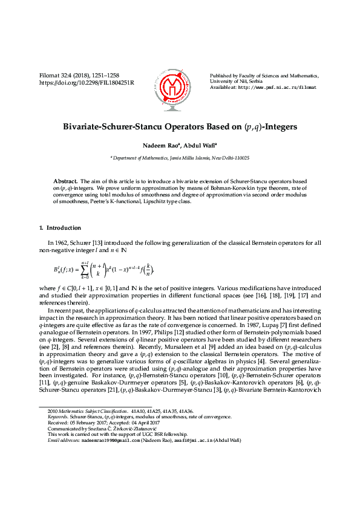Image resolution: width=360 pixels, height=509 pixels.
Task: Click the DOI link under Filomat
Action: point(87,82)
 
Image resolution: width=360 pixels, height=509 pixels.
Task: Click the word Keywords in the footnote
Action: point(57,417)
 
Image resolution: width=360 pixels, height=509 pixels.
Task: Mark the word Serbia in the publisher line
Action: point(253,81)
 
